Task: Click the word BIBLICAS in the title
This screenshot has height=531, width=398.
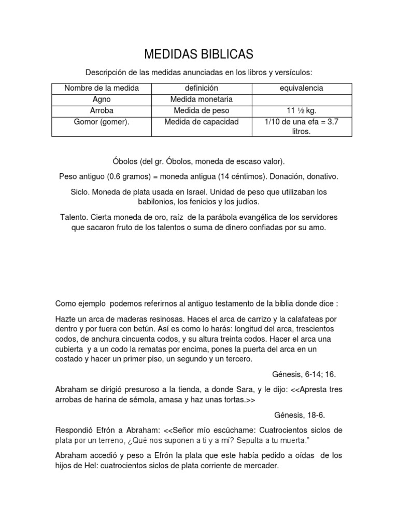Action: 226,54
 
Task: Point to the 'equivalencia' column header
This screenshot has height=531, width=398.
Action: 301,88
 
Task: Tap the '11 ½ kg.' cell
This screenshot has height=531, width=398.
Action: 301,110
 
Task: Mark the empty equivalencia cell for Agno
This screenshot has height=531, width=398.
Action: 301,99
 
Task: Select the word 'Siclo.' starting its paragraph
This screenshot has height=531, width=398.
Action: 81,192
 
